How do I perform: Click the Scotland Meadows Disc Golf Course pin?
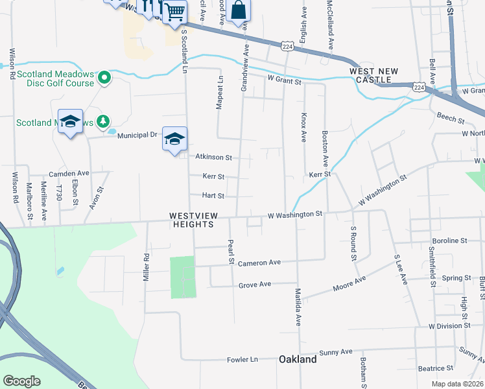104,78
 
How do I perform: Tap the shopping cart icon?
174,11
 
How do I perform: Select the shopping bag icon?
239,10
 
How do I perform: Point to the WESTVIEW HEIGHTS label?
192,219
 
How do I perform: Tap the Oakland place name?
298,359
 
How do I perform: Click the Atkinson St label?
214,157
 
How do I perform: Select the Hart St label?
213,195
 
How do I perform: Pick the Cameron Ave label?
259,263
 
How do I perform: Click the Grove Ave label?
255,285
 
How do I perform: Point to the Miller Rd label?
147,266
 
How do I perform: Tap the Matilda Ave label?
299,307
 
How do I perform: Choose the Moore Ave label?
349,282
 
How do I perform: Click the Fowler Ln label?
242,359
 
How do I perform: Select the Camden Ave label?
69,174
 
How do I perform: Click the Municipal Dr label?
137,135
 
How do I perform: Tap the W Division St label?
449,326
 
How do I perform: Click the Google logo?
21,381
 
